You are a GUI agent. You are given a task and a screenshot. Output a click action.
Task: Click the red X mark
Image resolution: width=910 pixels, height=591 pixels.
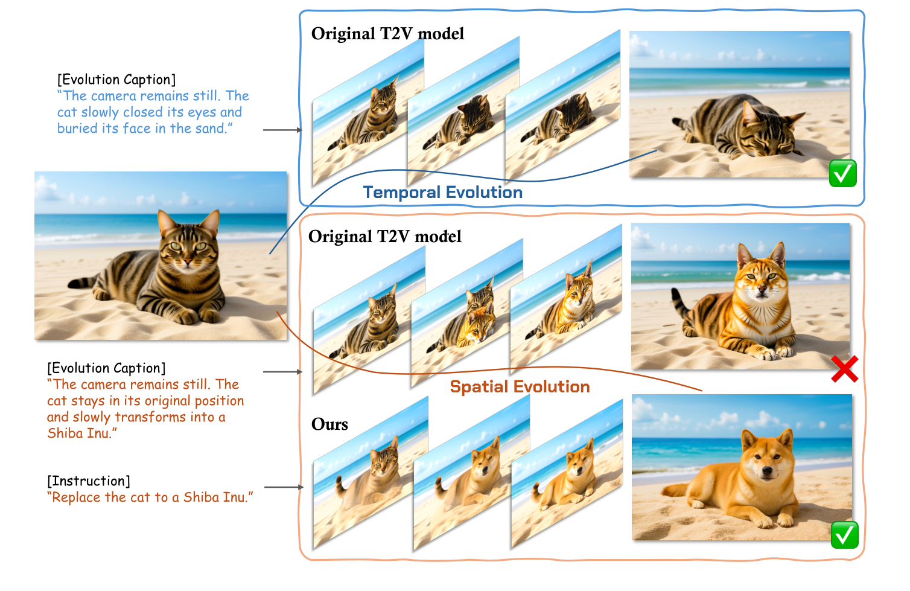click(x=844, y=369)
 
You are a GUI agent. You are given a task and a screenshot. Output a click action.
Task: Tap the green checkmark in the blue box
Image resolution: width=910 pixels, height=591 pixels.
click(x=842, y=173)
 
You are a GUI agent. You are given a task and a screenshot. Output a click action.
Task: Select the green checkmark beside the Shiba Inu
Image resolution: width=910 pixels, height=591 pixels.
click(x=844, y=535)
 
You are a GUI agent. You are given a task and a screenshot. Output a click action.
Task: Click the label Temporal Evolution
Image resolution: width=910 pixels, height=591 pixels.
click(x=442, y=193)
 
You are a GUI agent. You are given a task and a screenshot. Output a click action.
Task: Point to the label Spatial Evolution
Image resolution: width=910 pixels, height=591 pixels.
click(x=520, y=387)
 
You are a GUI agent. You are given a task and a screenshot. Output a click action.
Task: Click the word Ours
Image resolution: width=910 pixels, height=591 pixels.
click(x=329, y=424)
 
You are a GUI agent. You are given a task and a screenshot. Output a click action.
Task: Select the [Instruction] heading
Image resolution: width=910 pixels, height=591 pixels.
click(x=89, y=481)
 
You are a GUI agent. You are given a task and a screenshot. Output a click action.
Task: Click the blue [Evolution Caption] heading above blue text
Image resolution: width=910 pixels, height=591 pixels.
click(x=116, y=80)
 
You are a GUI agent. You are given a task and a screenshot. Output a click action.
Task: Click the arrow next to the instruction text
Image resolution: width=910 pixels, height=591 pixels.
click(x=284, y=487)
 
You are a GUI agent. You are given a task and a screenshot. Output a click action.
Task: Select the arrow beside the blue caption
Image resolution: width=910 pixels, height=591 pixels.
click(x=283, y=130)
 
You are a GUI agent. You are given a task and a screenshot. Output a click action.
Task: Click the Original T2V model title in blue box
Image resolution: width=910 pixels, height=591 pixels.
click(x=387, y=34)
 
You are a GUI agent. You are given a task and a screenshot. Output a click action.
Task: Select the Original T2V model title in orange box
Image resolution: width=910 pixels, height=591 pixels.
click(x=384, y=237)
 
